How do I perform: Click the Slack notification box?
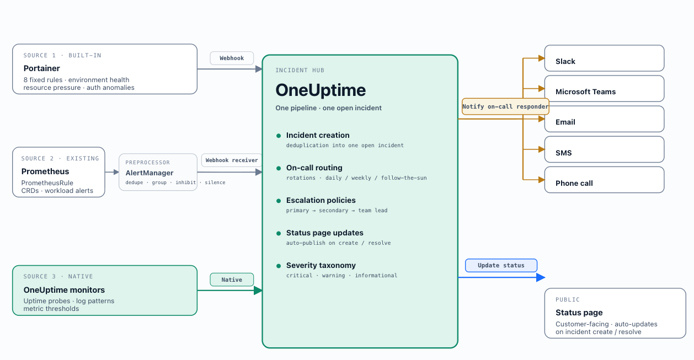coord(604,58)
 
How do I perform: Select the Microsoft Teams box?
coord(604,89)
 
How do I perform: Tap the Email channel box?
coord(604,119)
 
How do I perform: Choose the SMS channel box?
coord(604,149)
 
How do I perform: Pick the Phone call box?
coord(604,180)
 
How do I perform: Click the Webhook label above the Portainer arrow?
coord(232,58)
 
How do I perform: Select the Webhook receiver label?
coord(232,160)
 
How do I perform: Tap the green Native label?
coord(232,280)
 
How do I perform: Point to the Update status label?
coord(501,265)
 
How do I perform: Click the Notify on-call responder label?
coord(505,106)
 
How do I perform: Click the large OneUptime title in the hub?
coord(321,90)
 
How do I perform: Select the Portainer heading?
coord(41,68)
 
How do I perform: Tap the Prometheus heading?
coord(45,171)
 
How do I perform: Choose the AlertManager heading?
coord(150,173)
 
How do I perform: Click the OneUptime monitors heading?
coord(64,290)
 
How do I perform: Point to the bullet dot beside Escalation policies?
coord(279,201)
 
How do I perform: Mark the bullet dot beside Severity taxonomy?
coord(279,266)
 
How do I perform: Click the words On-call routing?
coord(314,168)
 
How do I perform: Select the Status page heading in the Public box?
coord(579,313)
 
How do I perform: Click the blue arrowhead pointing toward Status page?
coord(541,277)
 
